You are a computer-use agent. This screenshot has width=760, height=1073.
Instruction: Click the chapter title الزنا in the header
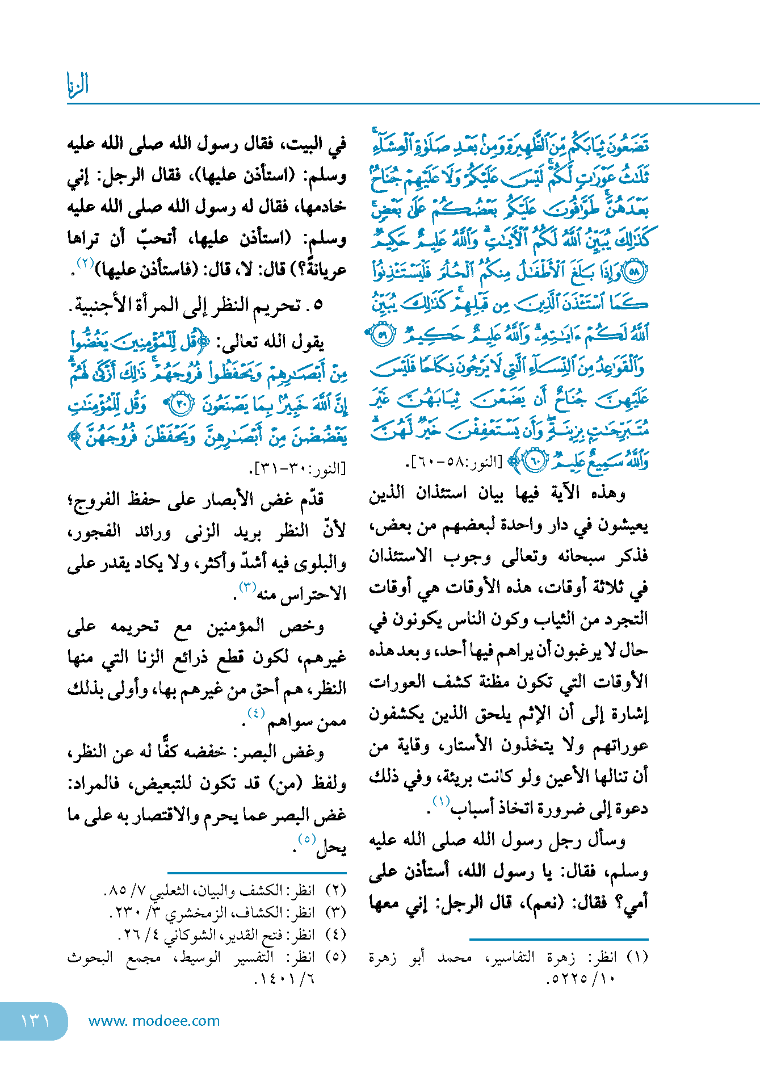pyautogui.click(x=78, y=85)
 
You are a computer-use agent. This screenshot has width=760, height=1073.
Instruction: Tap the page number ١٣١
pyautogui.click(x=35, y=1021)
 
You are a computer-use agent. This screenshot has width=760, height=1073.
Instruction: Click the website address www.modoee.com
pyautogui.click(x=154, y=1021)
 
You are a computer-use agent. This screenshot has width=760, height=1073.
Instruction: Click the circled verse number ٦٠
pyautogui.click(x=534, y=462)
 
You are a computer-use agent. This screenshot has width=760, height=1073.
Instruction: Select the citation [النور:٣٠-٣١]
pyautogui.click(x=297, y=469)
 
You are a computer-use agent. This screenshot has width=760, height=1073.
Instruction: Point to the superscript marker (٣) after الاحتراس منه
pyautogui.click(x=247, y=586)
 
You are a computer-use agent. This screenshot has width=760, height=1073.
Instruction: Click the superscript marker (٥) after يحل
pyautogui.click(x=306, y=839)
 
